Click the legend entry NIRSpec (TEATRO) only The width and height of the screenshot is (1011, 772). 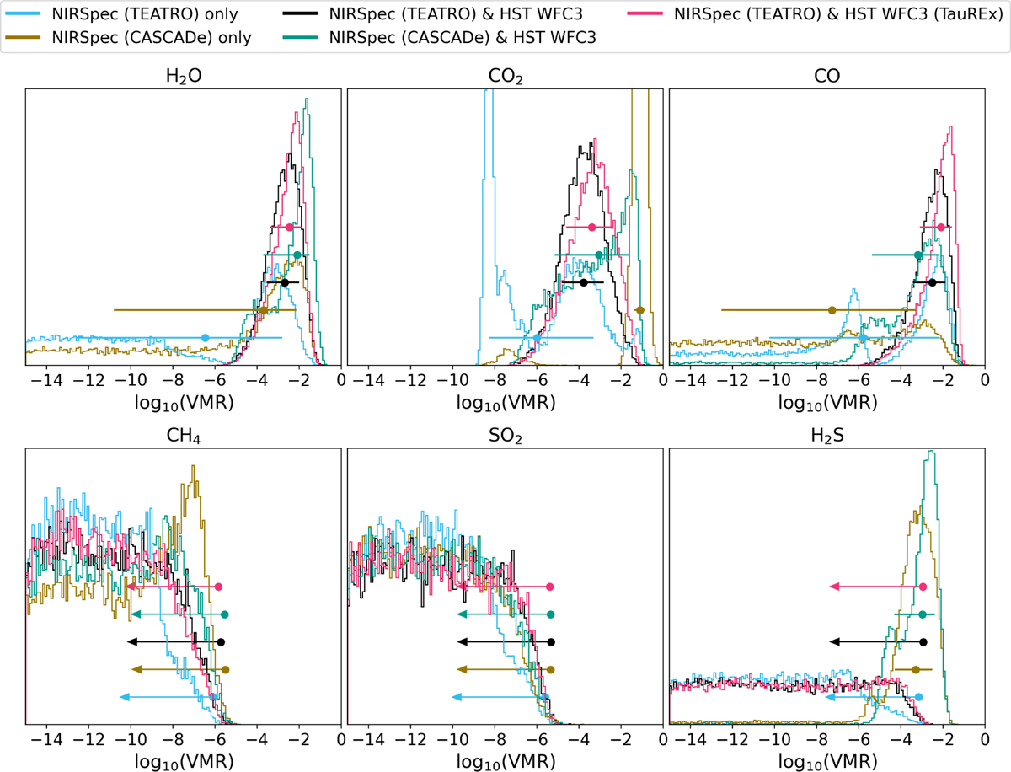pyautogui.click(x=122, y=14)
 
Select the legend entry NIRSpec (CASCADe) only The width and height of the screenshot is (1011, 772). pyautogui.click(x=129, y=38)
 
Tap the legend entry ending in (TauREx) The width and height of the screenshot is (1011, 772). pyautogui.click(x=816, y=14)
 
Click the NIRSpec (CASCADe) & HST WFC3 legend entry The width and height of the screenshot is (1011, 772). pyautogui.click(x=440, y=38)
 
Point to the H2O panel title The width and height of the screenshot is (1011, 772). pyautogui.click(x=184, y=76)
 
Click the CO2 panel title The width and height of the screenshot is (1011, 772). pyautogui.click(x=505, y=76)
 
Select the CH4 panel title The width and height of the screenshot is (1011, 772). pyautogui.click(x=184, y=435)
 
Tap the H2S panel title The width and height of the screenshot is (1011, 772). pyautogui.click(x=827, y=435)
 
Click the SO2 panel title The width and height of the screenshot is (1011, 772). pyautogui.click(x=505, y=435)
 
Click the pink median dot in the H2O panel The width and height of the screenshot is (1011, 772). pyautogui.click(x=289, y=227)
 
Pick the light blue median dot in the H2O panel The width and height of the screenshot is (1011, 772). pyautogui.click(x=206, y=338)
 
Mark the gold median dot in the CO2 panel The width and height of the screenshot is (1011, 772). pyautogui.click(x=639, y=310)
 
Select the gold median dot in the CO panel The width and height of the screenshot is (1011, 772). pyautogui.click(x=832, y=310)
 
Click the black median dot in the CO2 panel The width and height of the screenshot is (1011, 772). pyautogui.click(x=584, y=282)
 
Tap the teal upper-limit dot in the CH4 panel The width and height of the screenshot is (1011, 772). pyautogui.click(x=225, y=614)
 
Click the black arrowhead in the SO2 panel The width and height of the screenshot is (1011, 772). pyautogui.click(x=462, y=641)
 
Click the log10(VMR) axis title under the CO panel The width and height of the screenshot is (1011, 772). pyautogui.click(x=827, y=403)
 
